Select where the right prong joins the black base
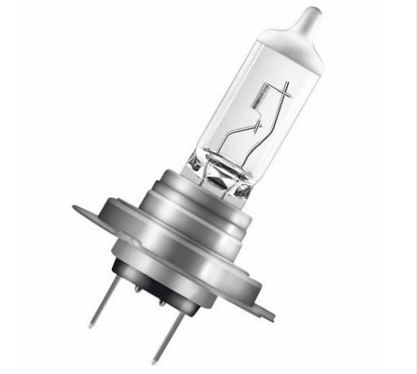179,300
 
